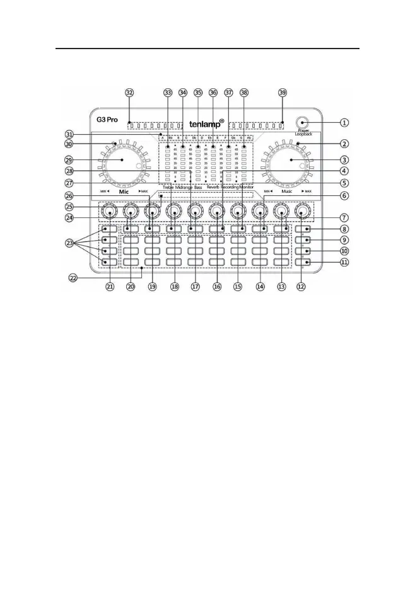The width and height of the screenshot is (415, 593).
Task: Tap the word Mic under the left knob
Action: pos(123,190)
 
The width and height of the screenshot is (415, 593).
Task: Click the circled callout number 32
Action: pos(129,92)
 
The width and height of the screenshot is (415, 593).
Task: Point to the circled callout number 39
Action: pos(282,92)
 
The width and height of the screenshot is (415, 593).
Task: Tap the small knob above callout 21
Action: pos(110,212)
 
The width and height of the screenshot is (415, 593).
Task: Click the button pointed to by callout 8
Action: pos(302,229)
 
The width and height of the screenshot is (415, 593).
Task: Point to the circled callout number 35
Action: pos(198,92)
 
